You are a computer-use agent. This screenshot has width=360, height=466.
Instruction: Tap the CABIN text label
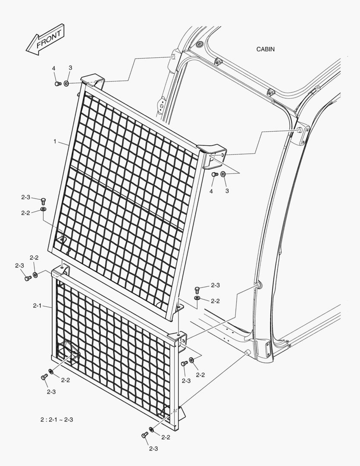266,49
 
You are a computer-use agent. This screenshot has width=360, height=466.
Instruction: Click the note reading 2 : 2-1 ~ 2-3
56,419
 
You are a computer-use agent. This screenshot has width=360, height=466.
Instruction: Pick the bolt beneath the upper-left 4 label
58,84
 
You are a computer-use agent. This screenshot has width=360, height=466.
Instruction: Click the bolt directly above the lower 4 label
215,174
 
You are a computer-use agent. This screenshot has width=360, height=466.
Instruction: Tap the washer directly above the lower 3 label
223,174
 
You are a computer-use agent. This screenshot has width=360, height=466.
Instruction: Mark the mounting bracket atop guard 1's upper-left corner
93,79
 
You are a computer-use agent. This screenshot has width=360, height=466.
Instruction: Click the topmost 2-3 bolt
43,200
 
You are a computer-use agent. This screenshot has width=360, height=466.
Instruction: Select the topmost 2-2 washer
44,209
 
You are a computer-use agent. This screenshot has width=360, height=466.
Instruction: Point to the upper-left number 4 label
54,68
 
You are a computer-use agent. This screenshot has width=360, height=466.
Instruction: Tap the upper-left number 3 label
70,68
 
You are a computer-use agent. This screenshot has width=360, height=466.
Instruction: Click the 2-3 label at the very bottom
153,449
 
